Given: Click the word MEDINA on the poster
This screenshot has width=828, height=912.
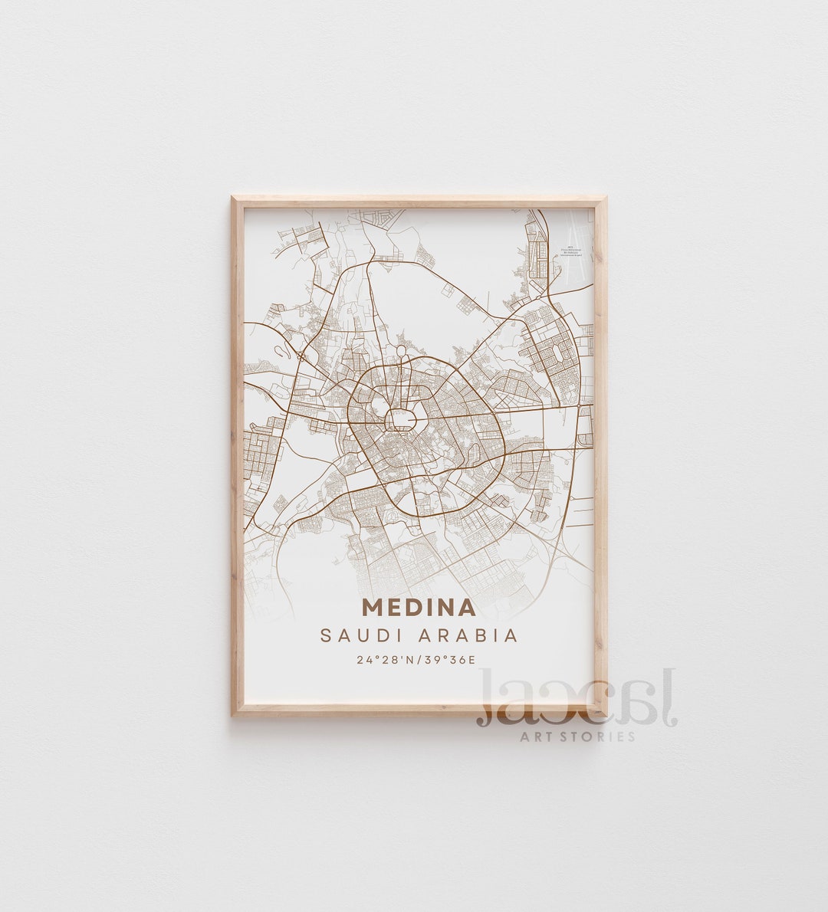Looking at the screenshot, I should click(419, 607).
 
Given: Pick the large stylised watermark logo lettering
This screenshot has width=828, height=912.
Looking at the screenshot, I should click(575, 699).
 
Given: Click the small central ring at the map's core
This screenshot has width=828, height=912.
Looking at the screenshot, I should click(400, 418).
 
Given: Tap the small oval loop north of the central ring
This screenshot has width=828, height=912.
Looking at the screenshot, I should click(401, 353).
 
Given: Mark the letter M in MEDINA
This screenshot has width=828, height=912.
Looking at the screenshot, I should click(372, 607).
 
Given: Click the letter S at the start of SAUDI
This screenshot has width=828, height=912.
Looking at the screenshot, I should click(326, 635).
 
